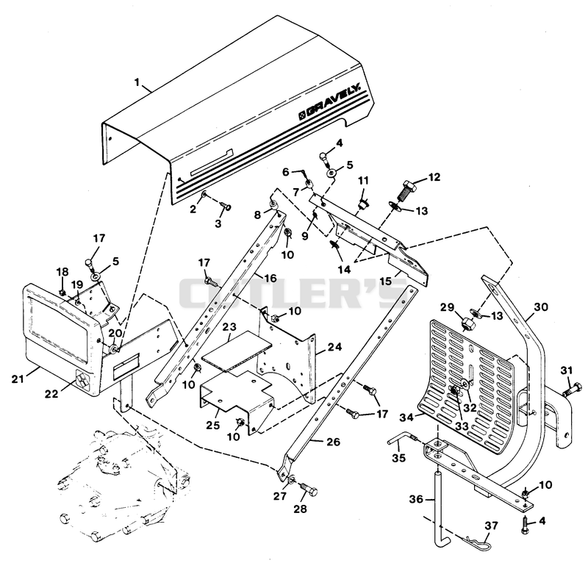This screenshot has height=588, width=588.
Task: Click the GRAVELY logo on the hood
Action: (x=329, y=102)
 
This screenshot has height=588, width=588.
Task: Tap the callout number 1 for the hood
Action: (x=137, y=82)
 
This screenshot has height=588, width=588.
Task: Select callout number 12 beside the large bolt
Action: (x=434, y=176)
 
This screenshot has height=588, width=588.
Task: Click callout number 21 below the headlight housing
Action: (x=18, y=379)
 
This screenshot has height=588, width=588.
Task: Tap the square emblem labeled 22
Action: (x=82, y=380)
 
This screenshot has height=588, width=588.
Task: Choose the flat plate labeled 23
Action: (x=237, y=351)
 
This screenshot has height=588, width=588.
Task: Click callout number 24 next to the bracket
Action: (x=334, y=347)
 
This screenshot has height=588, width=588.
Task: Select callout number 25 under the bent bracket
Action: (x=212, y=425)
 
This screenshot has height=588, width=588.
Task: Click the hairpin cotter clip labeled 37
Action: (x=476, y=542)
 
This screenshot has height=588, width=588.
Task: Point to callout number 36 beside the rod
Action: (x=416, y=499)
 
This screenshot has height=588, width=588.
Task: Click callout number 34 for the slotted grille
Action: (x=407, y=417)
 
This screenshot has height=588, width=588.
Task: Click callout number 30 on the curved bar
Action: (x=541, y=306)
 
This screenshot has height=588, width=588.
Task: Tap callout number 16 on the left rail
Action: (x=270, y=278)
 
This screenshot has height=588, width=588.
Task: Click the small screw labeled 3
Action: (x=225, y=206)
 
